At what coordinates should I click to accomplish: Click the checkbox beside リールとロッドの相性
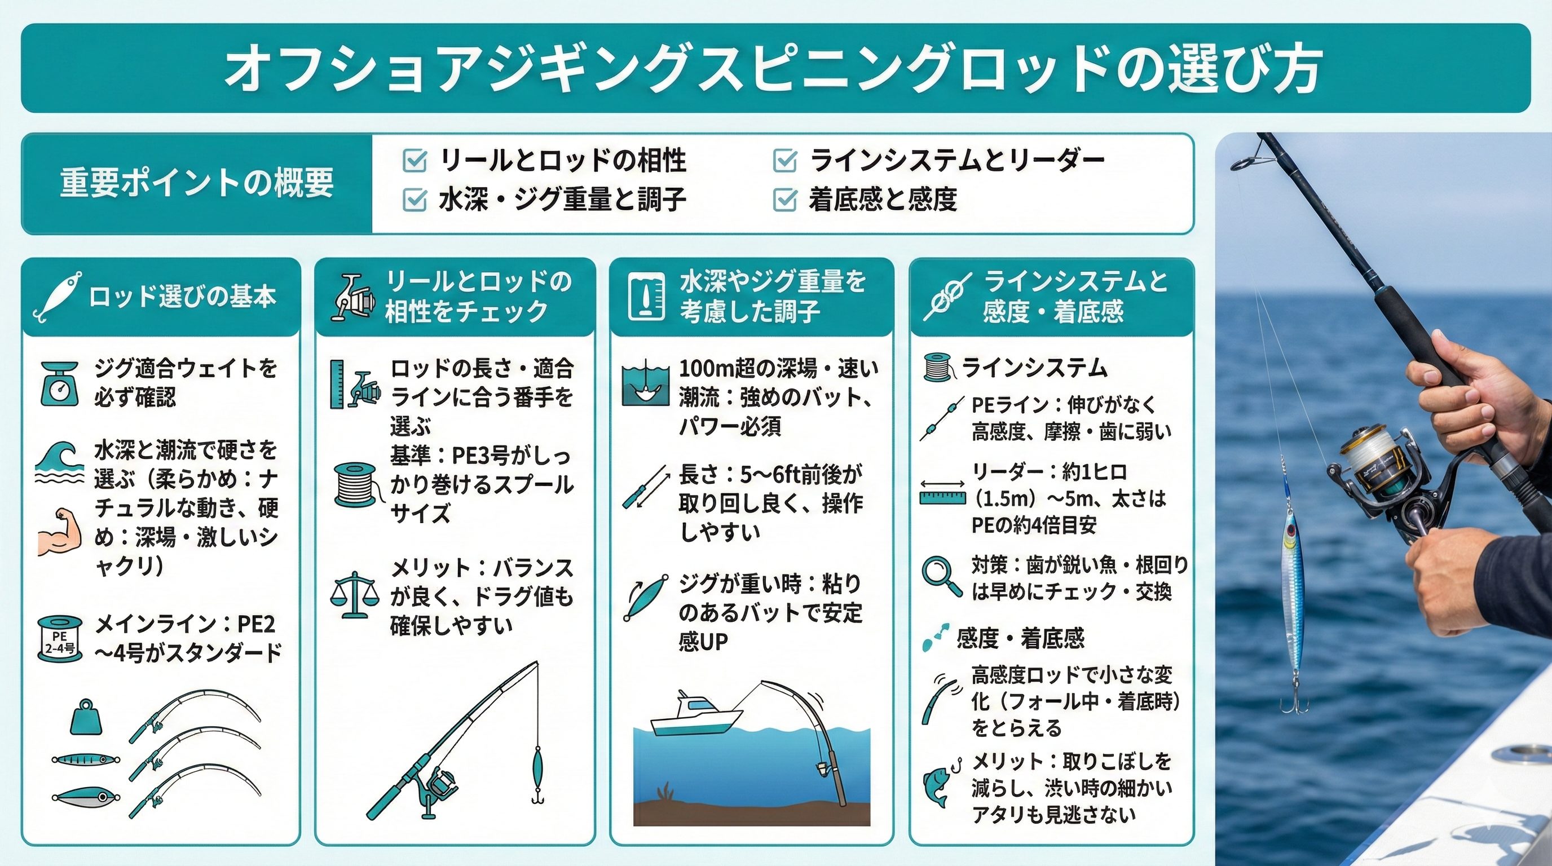click(x=414, y=161)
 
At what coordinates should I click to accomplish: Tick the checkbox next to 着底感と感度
click(x=785, y=200)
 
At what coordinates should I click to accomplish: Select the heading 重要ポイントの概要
click(x=196, y=183)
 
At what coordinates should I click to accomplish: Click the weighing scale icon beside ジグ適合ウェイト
click(x=60, y=383)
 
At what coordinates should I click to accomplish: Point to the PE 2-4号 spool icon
click(x=60, y=638)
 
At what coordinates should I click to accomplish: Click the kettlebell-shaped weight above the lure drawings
click(x=86, y=717)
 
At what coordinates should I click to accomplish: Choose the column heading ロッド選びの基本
click(x=183, y=297)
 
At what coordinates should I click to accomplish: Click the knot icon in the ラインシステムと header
click(x=946, y=297)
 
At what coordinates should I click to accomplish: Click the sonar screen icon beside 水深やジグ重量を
click(x=646, y=297)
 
